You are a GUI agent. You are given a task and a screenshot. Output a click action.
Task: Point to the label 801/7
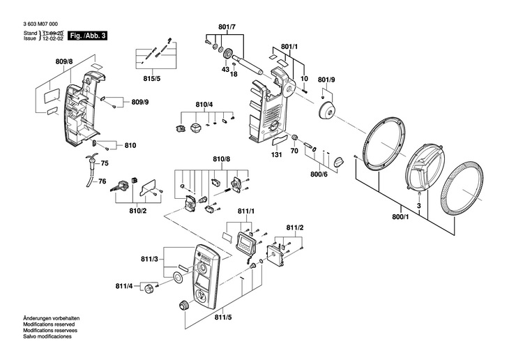227,27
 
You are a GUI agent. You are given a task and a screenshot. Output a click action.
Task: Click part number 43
225,70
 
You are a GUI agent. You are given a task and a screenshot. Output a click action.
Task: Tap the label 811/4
124,286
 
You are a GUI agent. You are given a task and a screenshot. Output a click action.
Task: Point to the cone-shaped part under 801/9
326,110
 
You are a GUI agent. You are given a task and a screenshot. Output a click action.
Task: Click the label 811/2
295,228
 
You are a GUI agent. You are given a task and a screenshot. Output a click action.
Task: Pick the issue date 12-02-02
54,39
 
